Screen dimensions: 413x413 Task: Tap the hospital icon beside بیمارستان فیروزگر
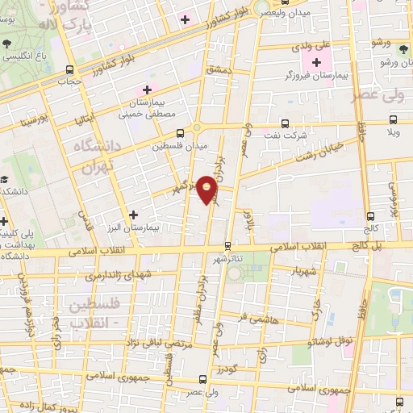pyautogui.click(x=316, y=62)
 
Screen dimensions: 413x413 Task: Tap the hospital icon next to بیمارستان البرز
pyautogui.click(x=133, y=215)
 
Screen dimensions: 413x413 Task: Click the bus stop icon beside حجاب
pyautogui.click(x=69, y=69)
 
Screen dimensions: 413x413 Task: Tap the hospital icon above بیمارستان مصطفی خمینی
pyautogui.click(x=147, y=90)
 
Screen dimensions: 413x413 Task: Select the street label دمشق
pyautogui.click(x=219, y=72)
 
